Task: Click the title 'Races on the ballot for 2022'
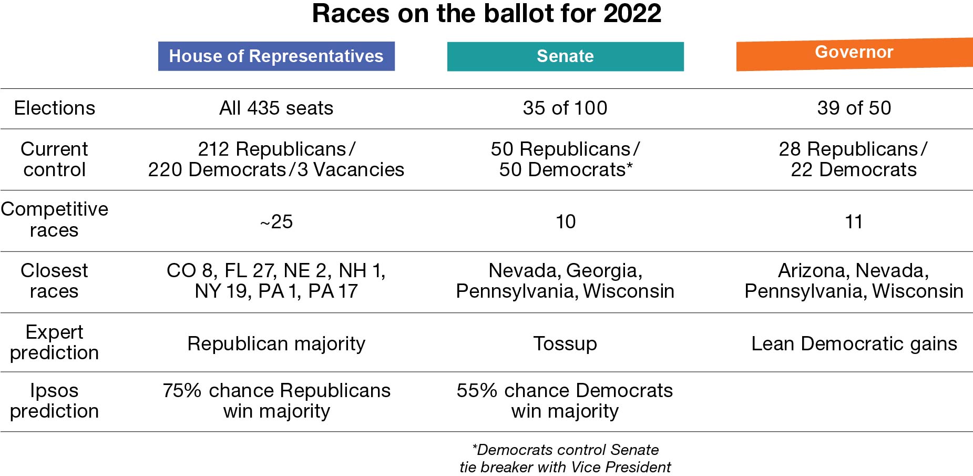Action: pos(486,14)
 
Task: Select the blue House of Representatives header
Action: pos(276,56)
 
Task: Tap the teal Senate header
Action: pos(565,56)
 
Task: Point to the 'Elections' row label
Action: pos(55,108)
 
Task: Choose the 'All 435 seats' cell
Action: pos(276,108)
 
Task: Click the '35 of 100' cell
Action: pos(565,108)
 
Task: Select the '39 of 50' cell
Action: pos(854,108)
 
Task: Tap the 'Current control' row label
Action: pos(54,159)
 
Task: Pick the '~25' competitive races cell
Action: pos(276,222)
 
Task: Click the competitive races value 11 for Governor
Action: pos(854,222)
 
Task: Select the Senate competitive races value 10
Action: pos(566,222)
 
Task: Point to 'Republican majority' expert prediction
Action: pos(276,344)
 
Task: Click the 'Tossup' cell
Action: pos(565,344)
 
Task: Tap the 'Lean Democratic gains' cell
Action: pos(854,344)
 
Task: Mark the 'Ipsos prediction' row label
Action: pos(54,401)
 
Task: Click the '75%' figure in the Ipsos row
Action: pos(182,391)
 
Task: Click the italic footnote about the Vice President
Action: pos(565,459)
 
